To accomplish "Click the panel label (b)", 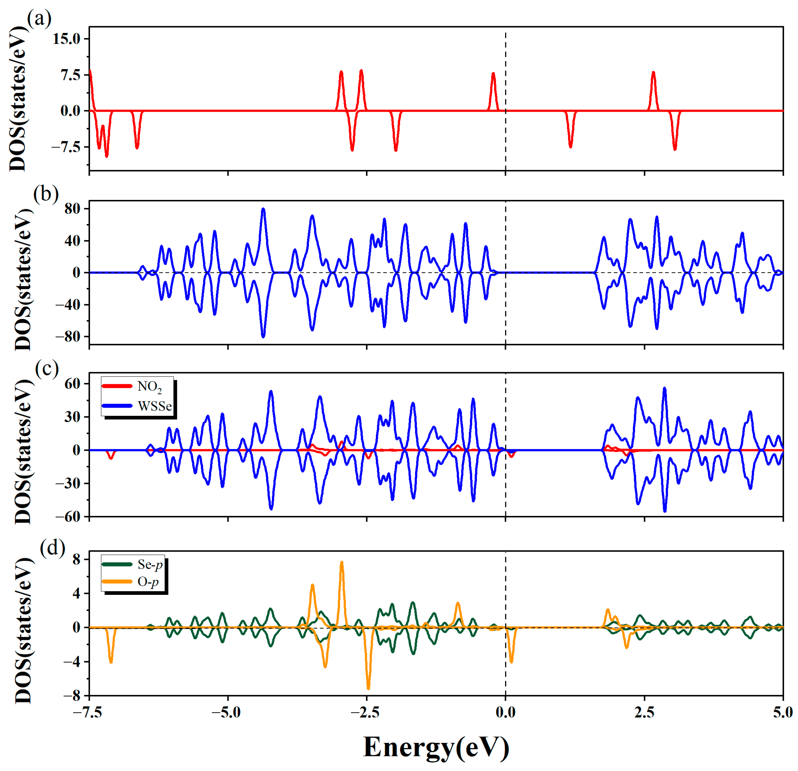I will coord(46,194).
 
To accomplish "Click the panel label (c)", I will coord(47,368).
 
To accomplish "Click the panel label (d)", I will coord(52,548).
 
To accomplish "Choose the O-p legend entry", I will coord(148,582).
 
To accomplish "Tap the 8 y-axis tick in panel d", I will coord(76,560).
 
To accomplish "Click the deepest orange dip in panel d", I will coord(368,688).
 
